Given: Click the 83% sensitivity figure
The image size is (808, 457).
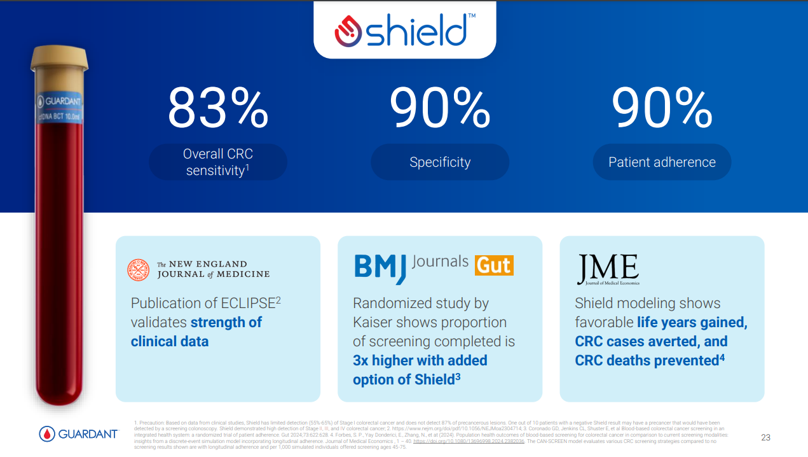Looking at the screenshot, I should [218, 108].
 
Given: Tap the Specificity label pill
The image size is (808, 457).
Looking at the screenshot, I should [440, 162].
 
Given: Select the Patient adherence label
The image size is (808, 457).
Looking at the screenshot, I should [662, 162].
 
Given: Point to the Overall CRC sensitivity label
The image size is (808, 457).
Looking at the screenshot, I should [218, 162].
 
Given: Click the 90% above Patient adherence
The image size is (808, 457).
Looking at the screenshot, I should [662, 108].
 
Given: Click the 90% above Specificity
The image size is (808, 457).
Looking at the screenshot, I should [440, 108].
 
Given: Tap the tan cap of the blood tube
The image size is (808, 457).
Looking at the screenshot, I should [59, 59].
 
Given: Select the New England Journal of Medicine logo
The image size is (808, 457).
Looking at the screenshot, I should [198, 269].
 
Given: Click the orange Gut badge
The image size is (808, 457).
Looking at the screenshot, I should [494, 265].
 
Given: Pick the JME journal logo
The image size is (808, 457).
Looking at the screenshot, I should [608, 269].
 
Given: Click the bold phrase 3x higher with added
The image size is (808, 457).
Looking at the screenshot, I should [420, 361].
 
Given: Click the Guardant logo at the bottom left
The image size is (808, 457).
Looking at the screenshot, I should [79, 434].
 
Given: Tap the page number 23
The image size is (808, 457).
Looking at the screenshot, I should [765, 437].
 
